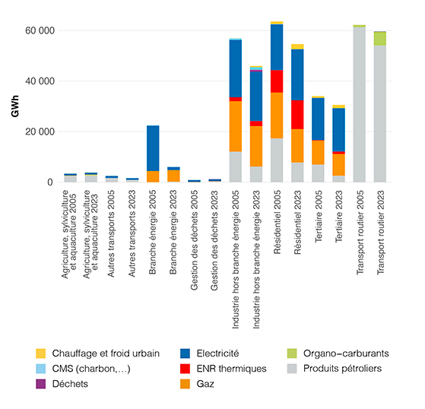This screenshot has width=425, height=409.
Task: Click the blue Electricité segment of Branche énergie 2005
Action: [x=153, y=148]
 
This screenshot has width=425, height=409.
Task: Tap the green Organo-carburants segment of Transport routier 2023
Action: [x=380, y=38]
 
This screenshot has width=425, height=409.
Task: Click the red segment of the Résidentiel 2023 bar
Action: [x=297, y=115]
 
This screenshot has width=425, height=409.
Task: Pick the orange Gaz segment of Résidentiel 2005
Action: [x=277, y=115]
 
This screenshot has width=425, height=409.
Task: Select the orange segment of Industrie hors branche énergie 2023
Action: [x=256, y=146]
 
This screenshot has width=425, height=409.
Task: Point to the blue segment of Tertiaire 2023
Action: [x=338, y=129]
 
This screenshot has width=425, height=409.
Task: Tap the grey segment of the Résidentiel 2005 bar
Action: [x=277, y=160]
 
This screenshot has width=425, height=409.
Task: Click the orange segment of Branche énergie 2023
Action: [x=173, y=176]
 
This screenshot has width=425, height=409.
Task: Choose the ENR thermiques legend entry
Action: [x=231, y=369]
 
